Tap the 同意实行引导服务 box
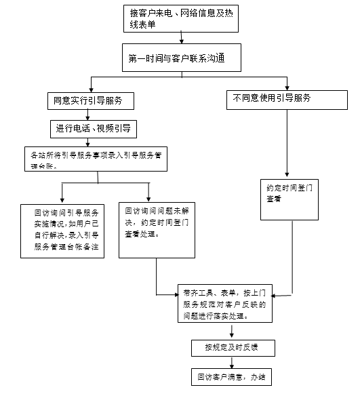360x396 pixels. [x=89, y=101]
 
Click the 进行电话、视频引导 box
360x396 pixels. [x=91, y=127]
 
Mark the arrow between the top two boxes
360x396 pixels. [x=182, y=41]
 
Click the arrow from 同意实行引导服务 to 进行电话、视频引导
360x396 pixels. [x=89, y=115]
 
